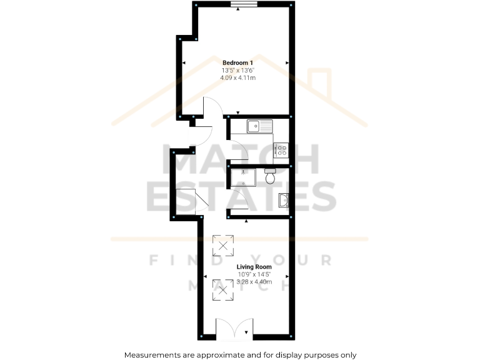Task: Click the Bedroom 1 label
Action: (237, 62)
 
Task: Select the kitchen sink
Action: (260, 126)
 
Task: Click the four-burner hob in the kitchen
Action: (281, 150)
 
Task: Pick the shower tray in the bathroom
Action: (244, 177)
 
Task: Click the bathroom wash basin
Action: (283, 201)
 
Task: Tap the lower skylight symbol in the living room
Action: (223, 289)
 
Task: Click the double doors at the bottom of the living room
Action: (234, 329)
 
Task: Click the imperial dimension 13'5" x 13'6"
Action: (237, 70)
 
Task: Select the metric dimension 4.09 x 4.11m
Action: (237, 78)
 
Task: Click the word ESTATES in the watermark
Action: (241, 197)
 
